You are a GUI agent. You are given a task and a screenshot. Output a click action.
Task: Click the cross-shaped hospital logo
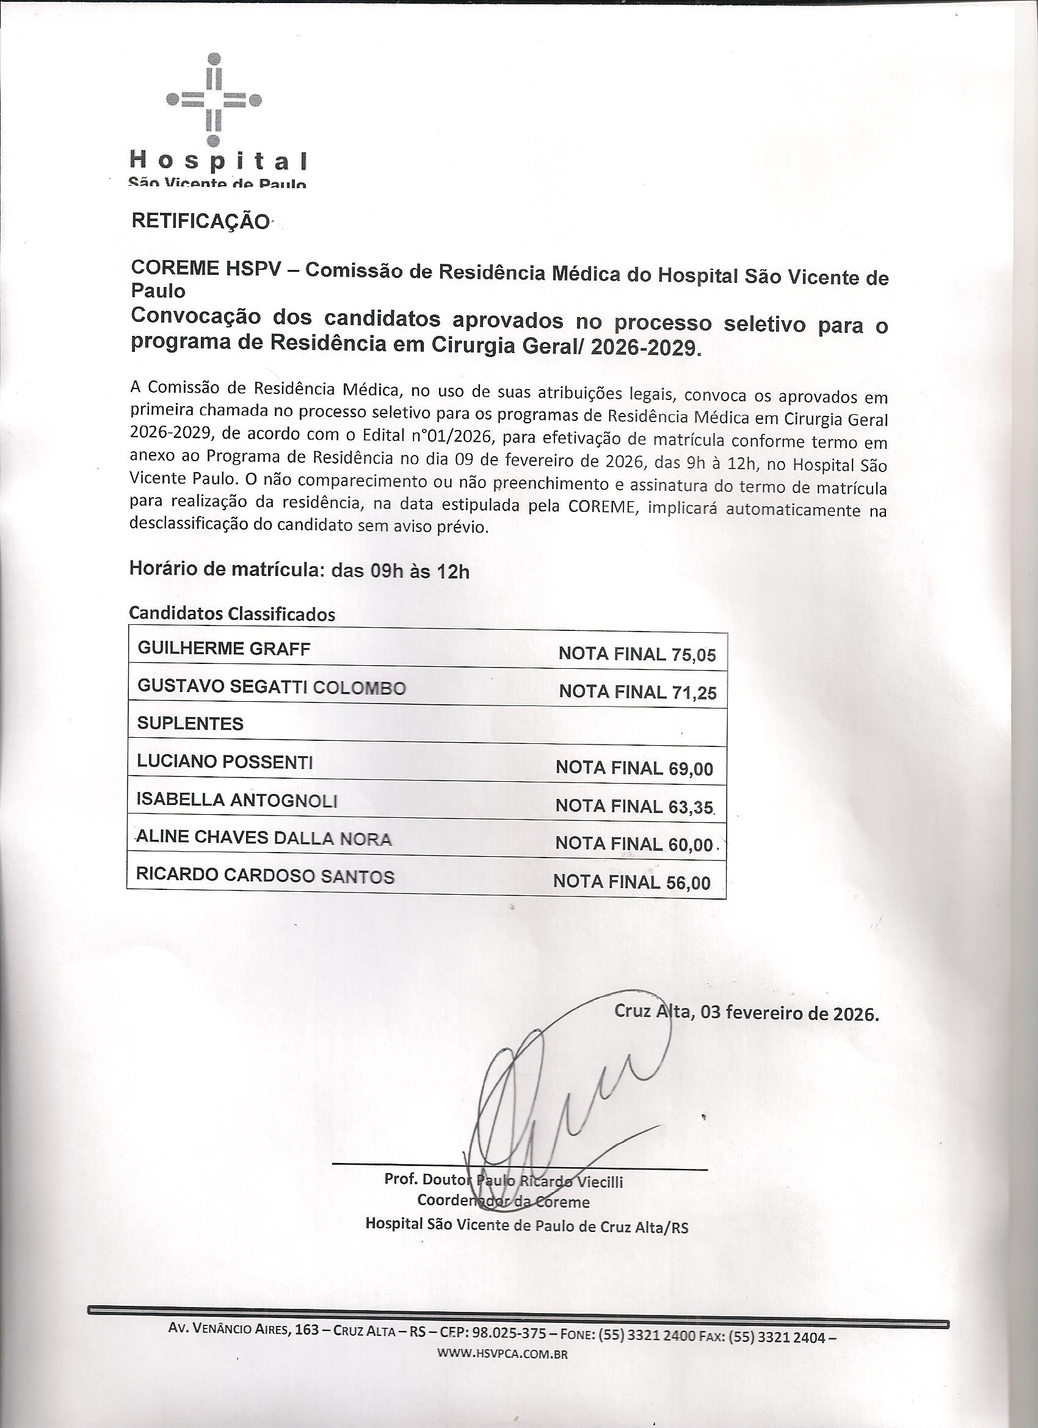214,100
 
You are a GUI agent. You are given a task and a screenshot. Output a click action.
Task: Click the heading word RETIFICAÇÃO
200,222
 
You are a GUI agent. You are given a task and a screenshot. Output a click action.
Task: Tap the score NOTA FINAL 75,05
637,655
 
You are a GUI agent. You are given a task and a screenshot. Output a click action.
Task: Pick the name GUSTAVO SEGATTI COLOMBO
271,687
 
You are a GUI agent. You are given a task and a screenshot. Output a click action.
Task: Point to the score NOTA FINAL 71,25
637,693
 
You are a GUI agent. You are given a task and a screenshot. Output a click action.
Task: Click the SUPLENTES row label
190,724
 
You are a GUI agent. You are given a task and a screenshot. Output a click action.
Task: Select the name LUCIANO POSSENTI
225,762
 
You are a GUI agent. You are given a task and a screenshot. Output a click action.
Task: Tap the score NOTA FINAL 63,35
634,807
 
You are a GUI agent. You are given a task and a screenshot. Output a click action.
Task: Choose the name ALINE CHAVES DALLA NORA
264,839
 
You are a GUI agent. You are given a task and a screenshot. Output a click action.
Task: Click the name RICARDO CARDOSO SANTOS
265,876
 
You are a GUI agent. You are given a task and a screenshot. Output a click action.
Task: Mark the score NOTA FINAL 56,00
631,883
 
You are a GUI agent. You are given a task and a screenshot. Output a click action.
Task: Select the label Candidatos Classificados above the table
231,614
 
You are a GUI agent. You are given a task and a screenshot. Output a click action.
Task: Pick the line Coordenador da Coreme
503,1202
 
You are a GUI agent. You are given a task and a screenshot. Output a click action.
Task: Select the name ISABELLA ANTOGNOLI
238,800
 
